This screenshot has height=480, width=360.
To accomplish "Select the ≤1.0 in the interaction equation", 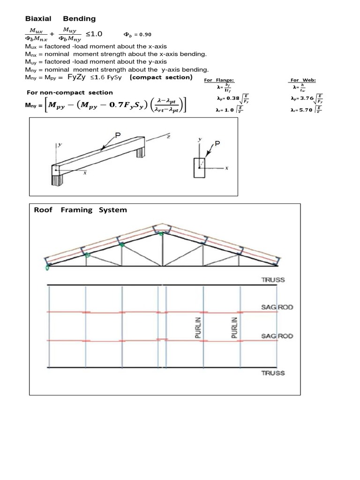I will point(94,34).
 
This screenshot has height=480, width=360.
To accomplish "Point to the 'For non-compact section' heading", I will point(70,92).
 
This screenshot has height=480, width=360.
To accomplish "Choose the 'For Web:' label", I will point(301,80).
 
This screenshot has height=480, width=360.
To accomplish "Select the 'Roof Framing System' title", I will point(80,210).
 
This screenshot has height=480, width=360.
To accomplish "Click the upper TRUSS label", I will point(273,280).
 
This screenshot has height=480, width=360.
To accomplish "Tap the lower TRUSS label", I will point(273,373).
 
